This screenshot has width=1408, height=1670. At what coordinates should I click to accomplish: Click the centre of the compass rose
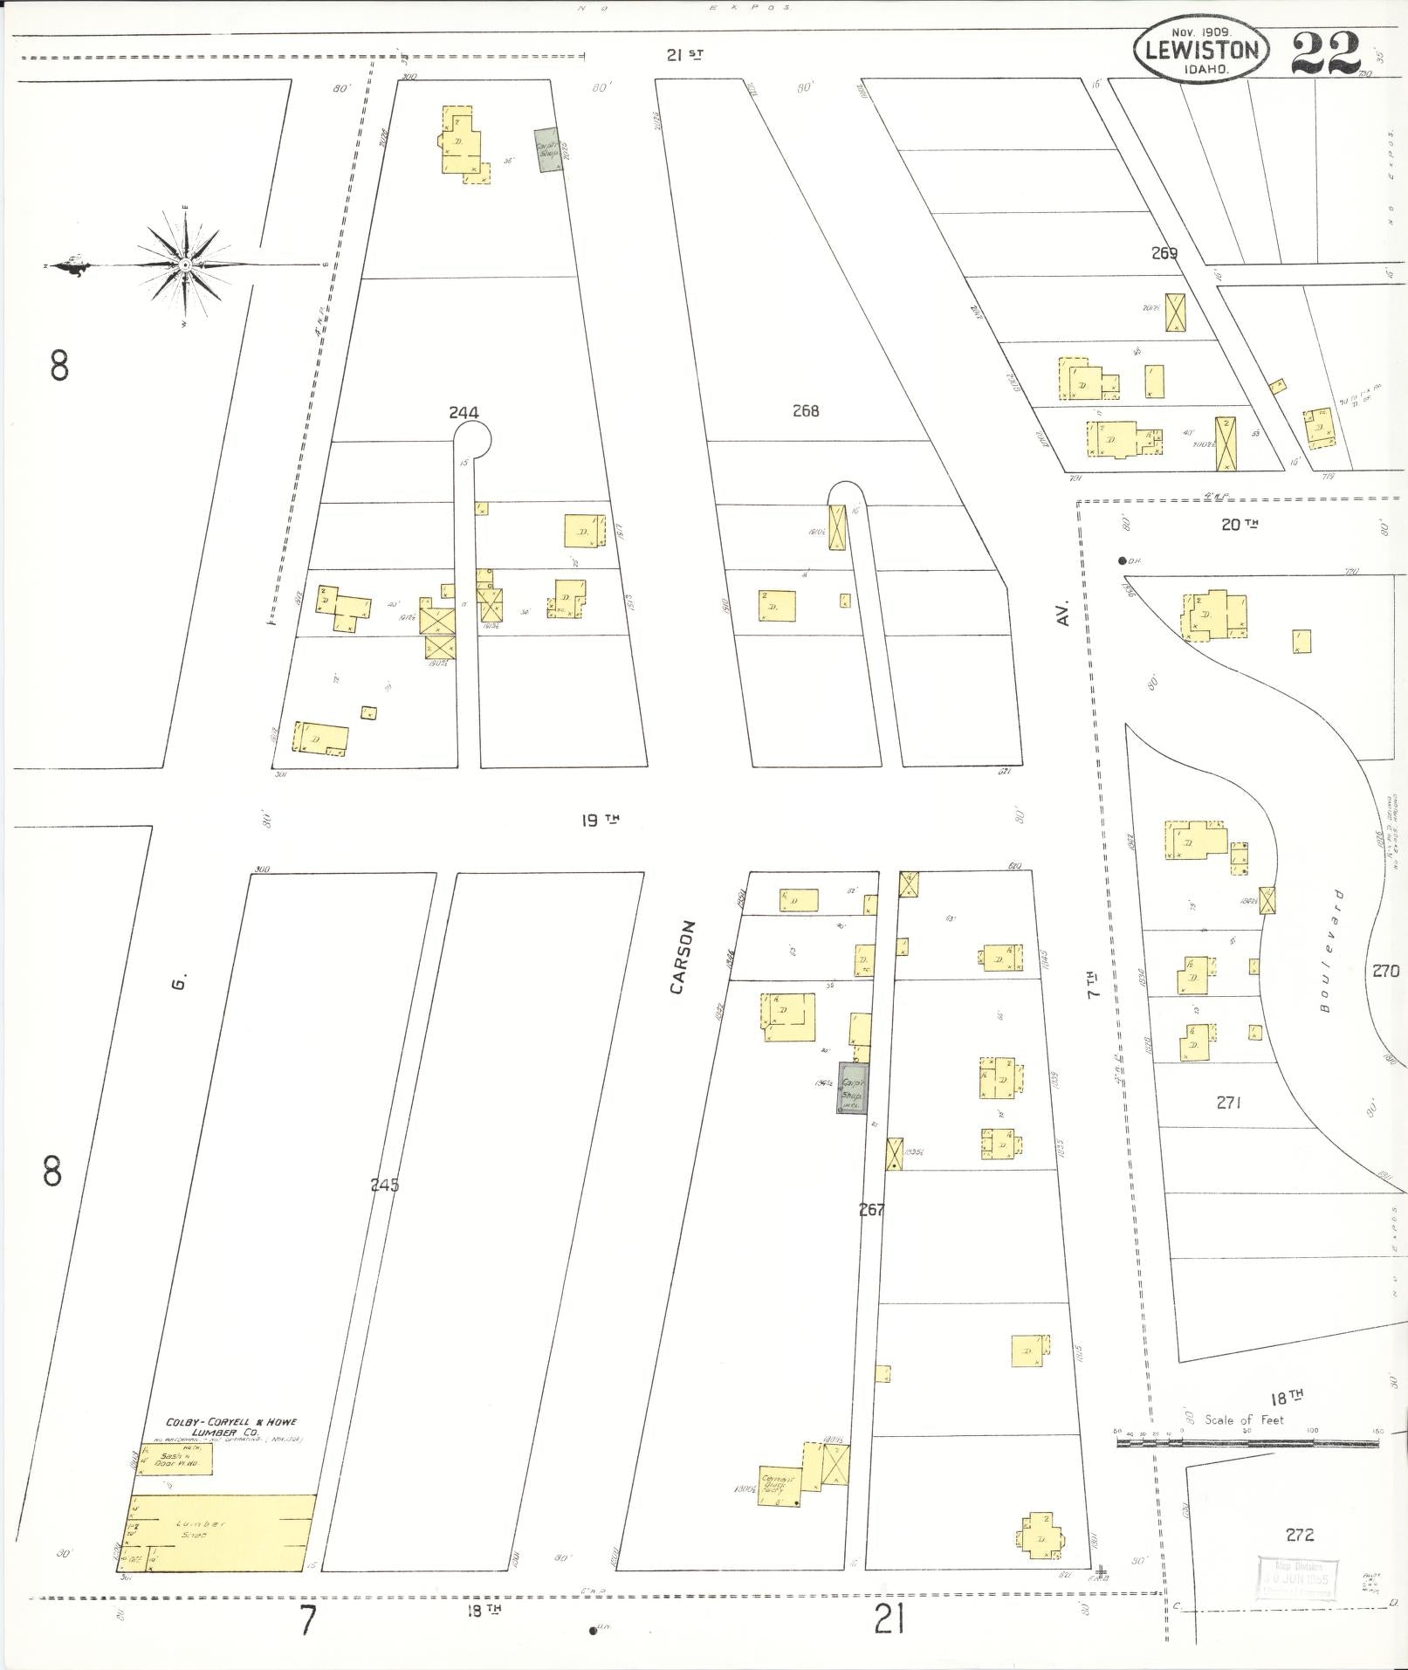click(184, 264)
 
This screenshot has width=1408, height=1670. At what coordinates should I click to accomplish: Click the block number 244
click(464, 412)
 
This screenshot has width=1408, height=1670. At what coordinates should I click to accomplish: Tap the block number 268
click(805, 409)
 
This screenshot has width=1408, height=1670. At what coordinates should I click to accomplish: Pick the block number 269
click(1164, 253)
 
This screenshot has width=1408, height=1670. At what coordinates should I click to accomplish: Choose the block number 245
click(384, 1185)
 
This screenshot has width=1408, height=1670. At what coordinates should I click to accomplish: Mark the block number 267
click(871, 1209)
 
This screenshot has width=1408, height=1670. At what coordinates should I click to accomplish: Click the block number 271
click(1228, 1103)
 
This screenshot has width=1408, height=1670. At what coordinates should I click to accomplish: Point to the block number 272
click(1299, 1535)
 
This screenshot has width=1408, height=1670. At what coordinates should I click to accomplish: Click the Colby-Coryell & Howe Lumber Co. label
click(231, 1426)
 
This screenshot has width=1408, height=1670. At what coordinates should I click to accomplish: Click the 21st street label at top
click(684, 55)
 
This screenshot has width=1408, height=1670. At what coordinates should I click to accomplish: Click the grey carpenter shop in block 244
click(547, 151)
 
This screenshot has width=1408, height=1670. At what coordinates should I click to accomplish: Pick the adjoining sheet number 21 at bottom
click(888, 1621)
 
